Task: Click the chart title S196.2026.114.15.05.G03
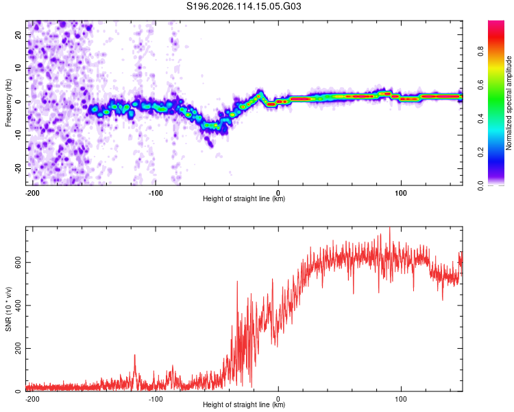click(243, 6)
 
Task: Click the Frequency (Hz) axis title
click(8, 103)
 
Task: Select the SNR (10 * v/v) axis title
click(8, 309)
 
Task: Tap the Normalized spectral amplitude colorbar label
click(509, 103)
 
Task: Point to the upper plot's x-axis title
click(244, 198)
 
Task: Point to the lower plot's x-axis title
click(244, 404)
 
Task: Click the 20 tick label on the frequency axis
click(19, 35)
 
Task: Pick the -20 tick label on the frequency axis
click(19, 169)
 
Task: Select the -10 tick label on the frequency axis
click(19, 135)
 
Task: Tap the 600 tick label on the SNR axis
click(19, 263)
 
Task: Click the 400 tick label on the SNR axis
click(19, 306)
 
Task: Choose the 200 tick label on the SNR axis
click(19, 348)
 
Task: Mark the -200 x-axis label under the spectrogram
click(32, 193)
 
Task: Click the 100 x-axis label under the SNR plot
click(401, 399)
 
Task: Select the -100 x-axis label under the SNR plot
click(156, 399)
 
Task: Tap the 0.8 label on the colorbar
click(480, 51)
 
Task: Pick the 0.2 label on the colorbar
click(480, 152)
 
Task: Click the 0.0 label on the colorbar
click(480, 186)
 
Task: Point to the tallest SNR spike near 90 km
click(390, 228)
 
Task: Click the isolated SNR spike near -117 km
click(134, 356)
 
